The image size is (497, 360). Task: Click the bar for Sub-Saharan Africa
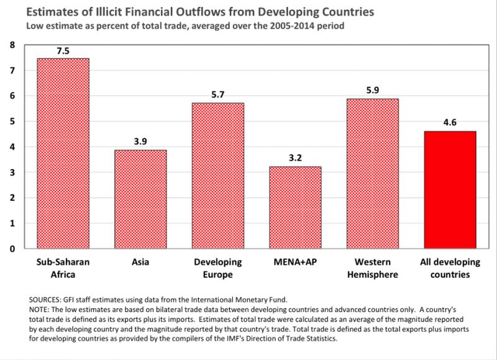coord(63,154)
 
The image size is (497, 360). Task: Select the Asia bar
coord(140,199)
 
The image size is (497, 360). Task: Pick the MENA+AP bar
coord(295,208)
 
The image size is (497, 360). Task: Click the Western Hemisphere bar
coord(373,173)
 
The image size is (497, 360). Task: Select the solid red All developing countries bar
coord(450,190)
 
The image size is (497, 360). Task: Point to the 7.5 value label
coord(63,50)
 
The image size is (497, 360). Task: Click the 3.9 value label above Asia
coord(140,141)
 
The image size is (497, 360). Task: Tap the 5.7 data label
coord(217,95)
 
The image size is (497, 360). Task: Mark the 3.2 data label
coord(295,159)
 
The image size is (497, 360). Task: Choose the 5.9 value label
coord(373,90)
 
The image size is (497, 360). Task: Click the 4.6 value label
coord(450,123)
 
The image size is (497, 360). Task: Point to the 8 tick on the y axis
coord(12,45)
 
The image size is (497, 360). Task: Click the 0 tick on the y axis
coord(12,249)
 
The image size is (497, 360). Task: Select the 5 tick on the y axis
coord(12,121)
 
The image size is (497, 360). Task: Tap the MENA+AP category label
coord(295,262)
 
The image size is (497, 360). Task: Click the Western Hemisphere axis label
coord(373,267)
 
